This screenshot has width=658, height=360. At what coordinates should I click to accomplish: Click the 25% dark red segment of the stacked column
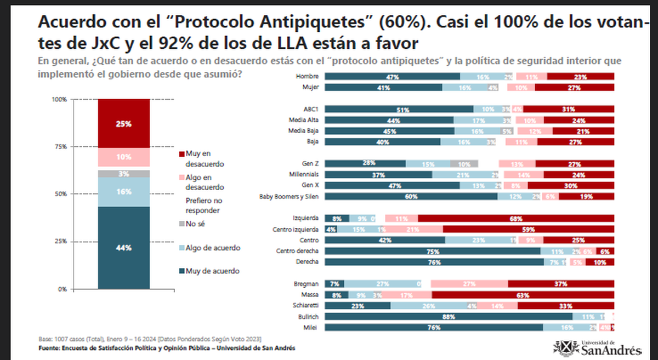tap(123, 124)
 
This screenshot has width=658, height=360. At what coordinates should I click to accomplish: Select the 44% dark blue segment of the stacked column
tap(123, 248)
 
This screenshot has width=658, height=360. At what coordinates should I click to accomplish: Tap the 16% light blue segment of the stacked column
tap(123, 192)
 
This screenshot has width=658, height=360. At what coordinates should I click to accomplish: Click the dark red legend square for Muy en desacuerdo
tap(181, 154)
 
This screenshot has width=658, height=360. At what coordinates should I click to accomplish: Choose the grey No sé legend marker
tap(181, 224)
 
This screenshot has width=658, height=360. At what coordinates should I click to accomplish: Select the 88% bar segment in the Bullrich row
tap(449, 317)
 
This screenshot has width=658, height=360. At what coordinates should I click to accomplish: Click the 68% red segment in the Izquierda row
tap(515, 218)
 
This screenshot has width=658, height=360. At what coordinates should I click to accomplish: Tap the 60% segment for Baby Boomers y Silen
tap(411, 196)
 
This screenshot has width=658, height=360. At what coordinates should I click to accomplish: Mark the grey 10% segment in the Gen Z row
tap(464, 163)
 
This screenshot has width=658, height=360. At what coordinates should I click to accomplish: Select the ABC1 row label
tap(310, 109)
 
